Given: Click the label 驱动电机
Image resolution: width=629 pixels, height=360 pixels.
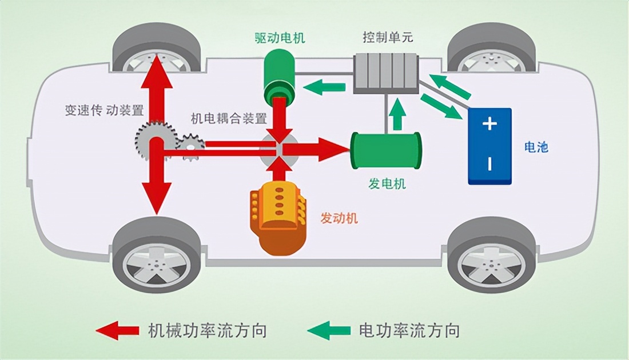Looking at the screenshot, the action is click(x=280, y=38).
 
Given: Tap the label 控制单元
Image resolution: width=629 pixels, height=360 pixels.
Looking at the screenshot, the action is click(x=388, y=37).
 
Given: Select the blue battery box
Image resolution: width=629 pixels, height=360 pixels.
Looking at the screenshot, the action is click(x=490, y=146).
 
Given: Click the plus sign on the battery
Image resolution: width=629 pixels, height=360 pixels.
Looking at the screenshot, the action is click(x=490, y=123).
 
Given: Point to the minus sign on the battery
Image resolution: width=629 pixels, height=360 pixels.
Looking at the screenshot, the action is click(x=490, y=163).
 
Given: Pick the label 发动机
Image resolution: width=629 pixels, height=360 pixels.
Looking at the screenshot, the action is click(x=339, y=218).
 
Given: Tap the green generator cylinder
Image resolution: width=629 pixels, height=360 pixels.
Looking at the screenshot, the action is click(x=386, y=150).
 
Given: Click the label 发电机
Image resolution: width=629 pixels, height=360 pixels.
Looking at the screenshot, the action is click(x=387, y=183).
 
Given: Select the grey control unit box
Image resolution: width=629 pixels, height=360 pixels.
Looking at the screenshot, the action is click(x=386, y=74).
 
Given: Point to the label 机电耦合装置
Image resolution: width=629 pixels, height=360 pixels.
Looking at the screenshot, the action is click(x=229, y=118).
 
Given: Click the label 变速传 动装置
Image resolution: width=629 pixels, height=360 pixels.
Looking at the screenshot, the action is click(x=104, y=110).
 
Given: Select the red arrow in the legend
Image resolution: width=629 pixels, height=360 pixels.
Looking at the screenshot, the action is click(x=117, y=330).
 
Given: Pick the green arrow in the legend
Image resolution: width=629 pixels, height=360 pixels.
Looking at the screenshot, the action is click(x=329, y=330).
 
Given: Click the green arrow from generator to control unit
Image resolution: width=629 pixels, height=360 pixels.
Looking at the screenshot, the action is click(x=397, y=114).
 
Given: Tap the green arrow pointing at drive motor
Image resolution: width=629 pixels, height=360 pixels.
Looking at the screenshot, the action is click(x=324, y=87).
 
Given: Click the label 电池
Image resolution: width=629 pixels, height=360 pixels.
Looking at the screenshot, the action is click(x=536, y=147).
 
